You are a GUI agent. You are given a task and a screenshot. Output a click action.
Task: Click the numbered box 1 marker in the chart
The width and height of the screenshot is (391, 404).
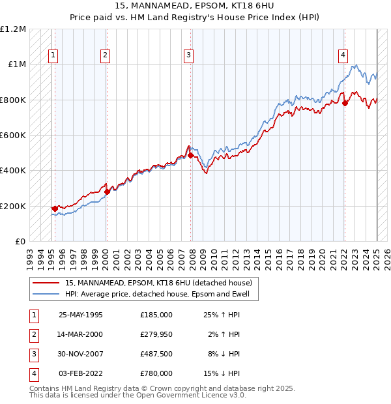[53, 55]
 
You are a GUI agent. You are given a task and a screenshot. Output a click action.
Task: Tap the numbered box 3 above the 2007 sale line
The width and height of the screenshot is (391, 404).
[188, 55]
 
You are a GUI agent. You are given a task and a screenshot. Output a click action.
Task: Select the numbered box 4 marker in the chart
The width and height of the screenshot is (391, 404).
[343, 55]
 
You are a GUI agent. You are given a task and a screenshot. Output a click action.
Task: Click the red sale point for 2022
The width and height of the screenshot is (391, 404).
[345, 103]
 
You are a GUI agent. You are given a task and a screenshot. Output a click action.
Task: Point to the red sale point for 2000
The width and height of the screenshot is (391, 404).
[107, 192]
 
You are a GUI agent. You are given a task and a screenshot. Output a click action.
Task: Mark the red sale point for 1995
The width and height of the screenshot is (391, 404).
[55, 209]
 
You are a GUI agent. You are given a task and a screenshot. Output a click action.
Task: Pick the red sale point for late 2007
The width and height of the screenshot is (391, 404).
[190, 155]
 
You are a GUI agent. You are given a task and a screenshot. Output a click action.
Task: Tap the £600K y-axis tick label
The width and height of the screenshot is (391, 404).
[12, 136]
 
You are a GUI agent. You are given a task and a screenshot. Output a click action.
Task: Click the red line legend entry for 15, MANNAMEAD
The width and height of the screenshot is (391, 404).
[159, 283]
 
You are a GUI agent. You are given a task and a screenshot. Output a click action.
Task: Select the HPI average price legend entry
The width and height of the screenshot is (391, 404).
[159, 294]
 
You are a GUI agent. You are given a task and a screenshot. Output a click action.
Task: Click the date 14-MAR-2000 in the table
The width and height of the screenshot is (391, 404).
[81, 334]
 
